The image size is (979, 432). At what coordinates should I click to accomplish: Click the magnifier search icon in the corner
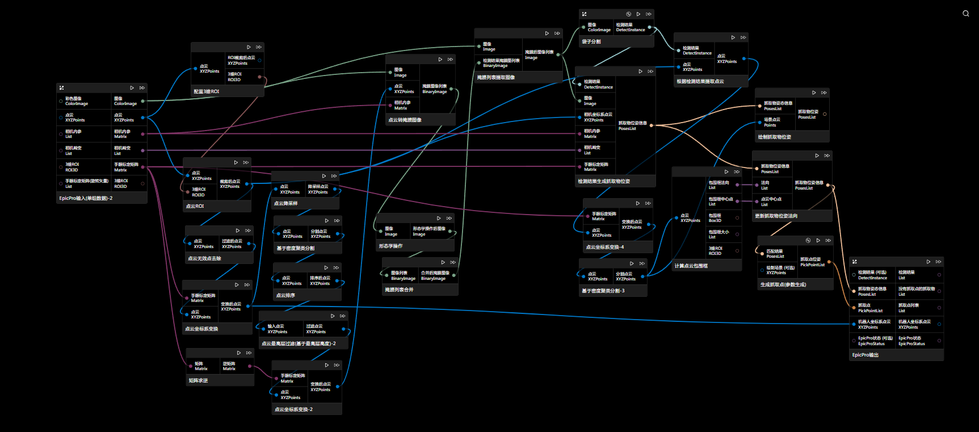click(965, 14)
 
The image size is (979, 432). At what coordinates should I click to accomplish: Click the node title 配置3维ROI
click(207, 91)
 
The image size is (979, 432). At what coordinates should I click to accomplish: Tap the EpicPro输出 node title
click(865, 355)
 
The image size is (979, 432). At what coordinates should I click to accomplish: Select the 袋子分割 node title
click(591, 41)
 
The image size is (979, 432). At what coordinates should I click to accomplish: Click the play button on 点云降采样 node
click(324, 176)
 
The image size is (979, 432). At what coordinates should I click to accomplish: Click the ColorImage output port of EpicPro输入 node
click(142, 101)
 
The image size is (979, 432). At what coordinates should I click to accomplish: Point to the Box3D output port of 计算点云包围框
click(737, 218)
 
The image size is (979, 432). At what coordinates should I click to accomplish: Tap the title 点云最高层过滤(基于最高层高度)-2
click(299, 343)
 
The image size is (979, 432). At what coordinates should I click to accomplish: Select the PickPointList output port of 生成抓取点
click(829, 262)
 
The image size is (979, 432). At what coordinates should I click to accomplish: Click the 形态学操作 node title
click(391, 246)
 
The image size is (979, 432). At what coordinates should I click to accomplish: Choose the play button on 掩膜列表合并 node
click(443, 262)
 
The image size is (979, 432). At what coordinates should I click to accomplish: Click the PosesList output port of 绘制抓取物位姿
click(825, 114)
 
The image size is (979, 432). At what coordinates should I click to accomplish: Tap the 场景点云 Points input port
click(759, 122)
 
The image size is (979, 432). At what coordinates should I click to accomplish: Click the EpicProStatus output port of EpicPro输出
click(939, 341)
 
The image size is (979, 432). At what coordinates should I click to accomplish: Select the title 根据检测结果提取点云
click(700, 82)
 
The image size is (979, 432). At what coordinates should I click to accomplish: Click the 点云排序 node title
click(285, 295)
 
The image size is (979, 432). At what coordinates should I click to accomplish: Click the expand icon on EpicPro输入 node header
click(61, 88)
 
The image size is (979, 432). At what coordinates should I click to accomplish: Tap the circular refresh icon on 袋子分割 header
click(628, 14)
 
